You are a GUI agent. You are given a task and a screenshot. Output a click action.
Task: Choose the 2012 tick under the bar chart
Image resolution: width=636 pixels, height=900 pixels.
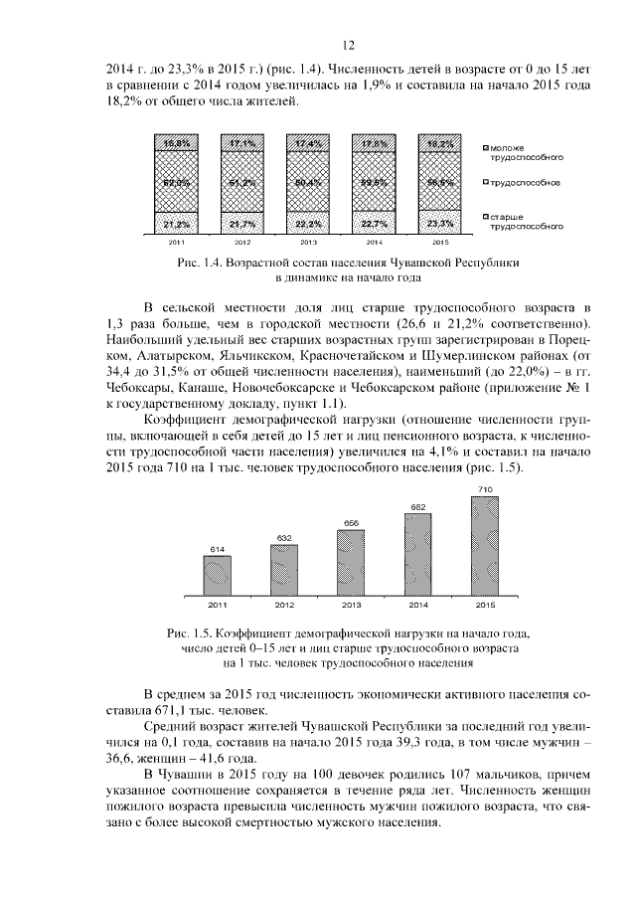[x=284, y=604]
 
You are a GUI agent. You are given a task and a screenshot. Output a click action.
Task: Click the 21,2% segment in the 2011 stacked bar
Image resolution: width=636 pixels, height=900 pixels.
[x=178, y=225]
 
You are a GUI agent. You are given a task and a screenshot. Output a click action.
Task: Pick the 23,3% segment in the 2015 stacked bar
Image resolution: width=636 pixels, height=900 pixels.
[x=440, y=224]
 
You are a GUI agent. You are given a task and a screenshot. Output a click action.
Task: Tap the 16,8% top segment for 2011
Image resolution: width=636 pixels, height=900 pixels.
[x=178, y=144]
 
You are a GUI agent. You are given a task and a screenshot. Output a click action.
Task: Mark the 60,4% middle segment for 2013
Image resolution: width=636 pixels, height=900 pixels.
[x=309, y=183]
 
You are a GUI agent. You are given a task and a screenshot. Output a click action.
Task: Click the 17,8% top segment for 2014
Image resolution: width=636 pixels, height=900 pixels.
[x=375, y=144]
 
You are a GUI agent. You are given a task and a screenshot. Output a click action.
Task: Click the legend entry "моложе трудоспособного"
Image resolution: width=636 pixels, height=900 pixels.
[x=527, y=152]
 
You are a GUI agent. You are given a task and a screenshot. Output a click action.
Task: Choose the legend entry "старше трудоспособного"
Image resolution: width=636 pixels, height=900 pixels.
[x=527, y=221]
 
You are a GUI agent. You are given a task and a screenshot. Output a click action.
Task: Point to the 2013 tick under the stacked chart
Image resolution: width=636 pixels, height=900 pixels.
[x=309, y=242]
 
